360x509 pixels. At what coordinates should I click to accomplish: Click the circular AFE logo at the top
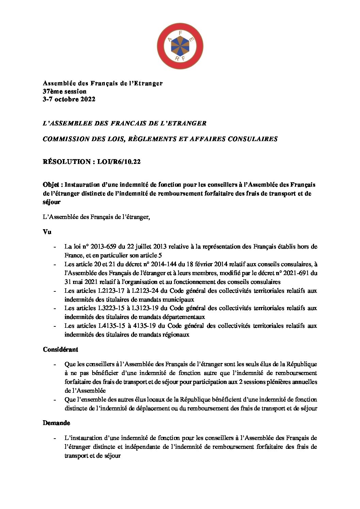tap(180, 47)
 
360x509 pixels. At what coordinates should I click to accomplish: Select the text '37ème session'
tap(65, 91)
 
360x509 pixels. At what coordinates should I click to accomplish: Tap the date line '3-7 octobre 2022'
tap(69, 99)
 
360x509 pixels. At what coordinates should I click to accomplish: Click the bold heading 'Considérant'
tap(60, 350)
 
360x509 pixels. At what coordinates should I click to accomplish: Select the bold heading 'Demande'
tap(56, 423)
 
